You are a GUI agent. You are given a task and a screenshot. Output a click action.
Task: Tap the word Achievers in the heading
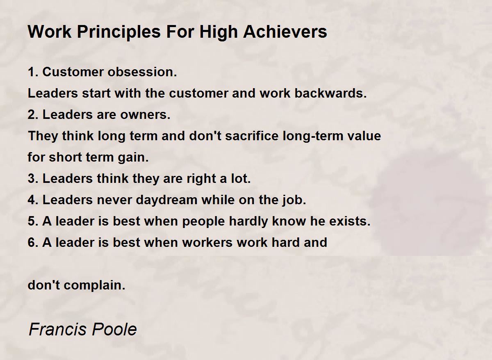[285, 32]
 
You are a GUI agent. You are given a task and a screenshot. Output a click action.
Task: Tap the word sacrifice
[252, 136]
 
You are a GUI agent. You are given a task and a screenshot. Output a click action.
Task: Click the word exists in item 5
[350, 221]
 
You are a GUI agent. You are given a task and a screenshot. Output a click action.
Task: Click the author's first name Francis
[57, 329]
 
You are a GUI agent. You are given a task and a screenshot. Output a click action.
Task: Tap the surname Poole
[114, 329]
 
